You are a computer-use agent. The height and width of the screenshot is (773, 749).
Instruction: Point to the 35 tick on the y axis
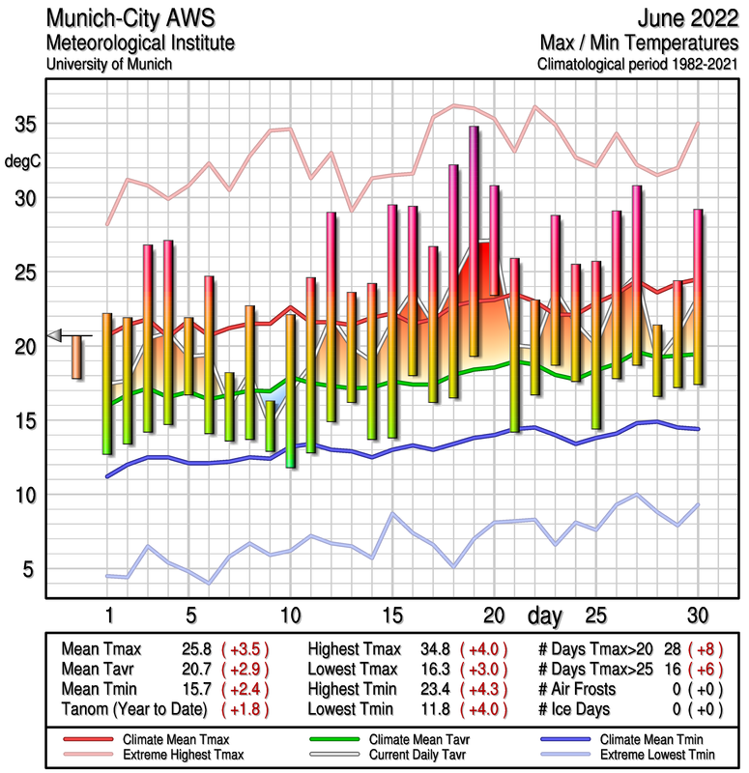25,125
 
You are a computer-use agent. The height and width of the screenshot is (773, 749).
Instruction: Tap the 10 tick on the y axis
25,495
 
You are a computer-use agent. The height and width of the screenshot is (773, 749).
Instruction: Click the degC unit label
23,161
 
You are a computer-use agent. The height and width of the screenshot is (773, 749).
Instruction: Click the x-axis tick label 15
391,616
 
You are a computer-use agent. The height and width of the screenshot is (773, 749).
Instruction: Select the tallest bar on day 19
474,242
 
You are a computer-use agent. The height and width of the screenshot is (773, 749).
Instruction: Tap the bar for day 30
697,297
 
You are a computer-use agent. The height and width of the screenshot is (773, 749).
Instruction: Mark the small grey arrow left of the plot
54,335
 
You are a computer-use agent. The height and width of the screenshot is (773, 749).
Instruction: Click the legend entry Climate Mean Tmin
648,738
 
